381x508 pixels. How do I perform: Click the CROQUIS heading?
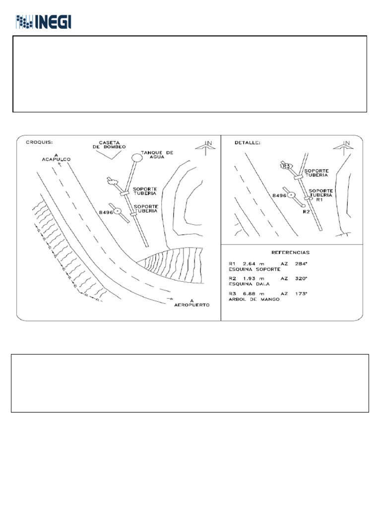click(38, 143)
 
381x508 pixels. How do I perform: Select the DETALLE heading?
click(246, 143)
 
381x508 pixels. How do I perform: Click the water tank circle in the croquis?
click(136, 158)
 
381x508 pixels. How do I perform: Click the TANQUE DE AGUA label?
click(157, 155)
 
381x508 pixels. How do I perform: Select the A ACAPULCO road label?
click(57, 157)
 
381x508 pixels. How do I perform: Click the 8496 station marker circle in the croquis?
click(118, 211)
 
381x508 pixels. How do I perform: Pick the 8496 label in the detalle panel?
click(280, 196)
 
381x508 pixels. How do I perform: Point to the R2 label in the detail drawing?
click(306, 210)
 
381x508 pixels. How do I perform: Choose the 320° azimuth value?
click(301, 278)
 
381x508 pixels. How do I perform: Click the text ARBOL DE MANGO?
click(254, 299)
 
